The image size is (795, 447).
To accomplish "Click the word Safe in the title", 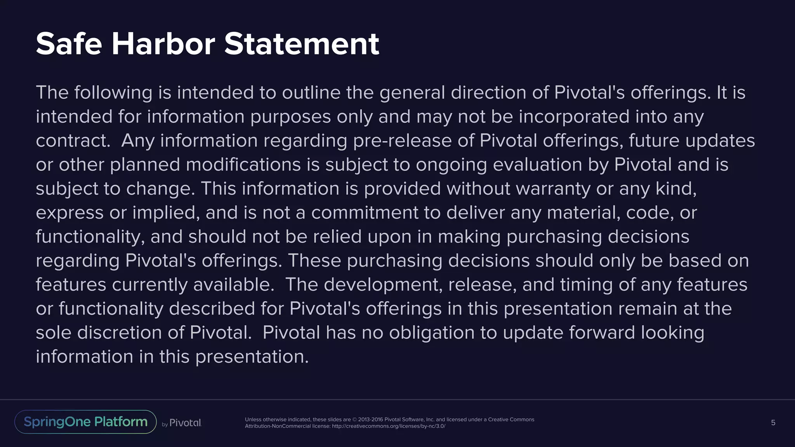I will (x=69, y=44).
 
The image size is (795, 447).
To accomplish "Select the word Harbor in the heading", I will (x=163, y=44).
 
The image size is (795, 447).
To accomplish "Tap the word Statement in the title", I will (x=302, y=44).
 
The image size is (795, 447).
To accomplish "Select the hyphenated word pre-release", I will (x=402, y=141).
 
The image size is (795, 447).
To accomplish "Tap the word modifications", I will (x=243, y=165).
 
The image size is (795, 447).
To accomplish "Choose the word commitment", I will (x=365, y=213).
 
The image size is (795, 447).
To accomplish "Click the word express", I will (x=69, y=213).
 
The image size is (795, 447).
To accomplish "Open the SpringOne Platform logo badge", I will (x=85, y=422).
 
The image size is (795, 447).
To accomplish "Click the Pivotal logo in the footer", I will (x=185, y=423).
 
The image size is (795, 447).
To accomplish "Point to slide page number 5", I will (x=773, y=423).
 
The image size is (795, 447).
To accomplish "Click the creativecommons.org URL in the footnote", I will (x=388, y=426).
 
